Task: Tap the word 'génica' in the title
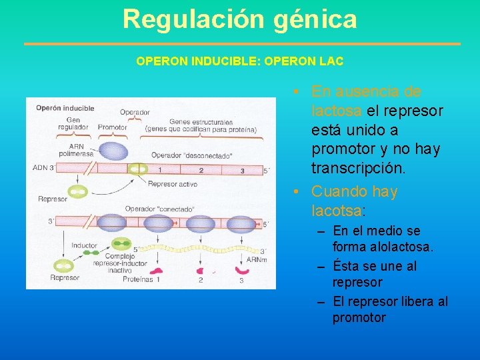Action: [x=315, y=19]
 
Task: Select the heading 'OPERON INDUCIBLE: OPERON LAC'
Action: [x=240, y=61]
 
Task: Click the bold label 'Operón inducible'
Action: [x=65, y=108]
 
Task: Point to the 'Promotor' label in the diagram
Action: [x=113, y=127]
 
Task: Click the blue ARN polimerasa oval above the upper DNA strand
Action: [x=113, y=151]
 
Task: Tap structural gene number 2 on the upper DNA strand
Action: [x=201, y=170]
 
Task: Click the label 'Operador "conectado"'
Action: [x=159, y=209]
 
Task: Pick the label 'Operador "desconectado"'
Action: [x=191, y=156]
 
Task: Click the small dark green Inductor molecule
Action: [x=89, y=253]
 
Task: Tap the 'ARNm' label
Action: [x=257, y=259]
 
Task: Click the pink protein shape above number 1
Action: [x=158, y=271]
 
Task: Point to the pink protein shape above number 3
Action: [x=241, y=271]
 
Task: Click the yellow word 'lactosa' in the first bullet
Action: [x=337, y=110]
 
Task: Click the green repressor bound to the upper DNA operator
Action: [x=139, y=170]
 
